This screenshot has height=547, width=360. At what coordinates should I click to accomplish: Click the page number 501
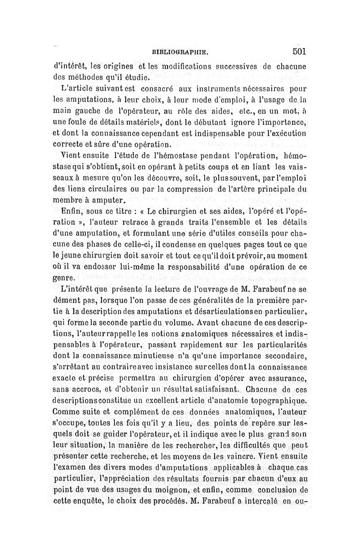coord(299,51)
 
